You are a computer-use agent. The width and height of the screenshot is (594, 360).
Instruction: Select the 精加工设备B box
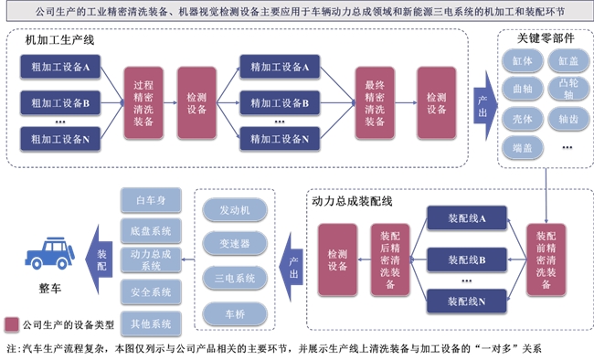(x=274, y=102)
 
